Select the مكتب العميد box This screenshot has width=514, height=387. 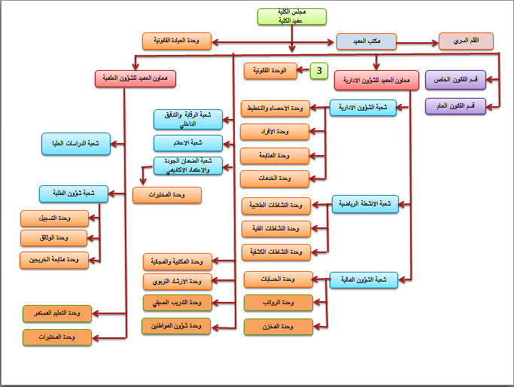pos(366,41)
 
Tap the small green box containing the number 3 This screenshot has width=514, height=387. pos(320,71)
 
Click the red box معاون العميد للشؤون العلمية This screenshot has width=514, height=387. pos(135,78)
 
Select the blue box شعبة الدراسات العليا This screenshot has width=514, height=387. pos(75,144)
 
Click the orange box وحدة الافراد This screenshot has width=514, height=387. pos(275,133)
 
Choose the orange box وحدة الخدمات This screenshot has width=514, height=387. pos(275,178)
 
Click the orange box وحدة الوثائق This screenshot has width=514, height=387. pos(53,238)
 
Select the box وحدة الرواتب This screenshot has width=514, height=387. pos(278,303)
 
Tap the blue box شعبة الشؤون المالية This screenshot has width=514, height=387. pos(363,281)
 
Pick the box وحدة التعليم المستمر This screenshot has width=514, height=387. pos(56,312)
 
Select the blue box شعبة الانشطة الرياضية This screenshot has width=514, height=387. pos(364,204)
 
